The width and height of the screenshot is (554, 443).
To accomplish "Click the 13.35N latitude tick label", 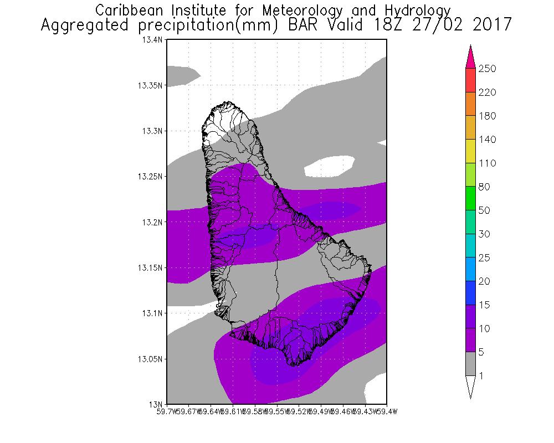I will coord(150,85).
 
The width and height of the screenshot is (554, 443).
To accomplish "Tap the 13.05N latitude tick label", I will coord(150,359).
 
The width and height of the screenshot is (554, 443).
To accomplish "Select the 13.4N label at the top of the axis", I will coord(152,40).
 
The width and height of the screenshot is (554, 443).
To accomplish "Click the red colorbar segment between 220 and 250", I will coord(471,80).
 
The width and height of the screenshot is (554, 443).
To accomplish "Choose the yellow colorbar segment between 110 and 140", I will coord(471,151).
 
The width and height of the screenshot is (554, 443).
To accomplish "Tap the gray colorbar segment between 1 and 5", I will coord(471,364).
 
